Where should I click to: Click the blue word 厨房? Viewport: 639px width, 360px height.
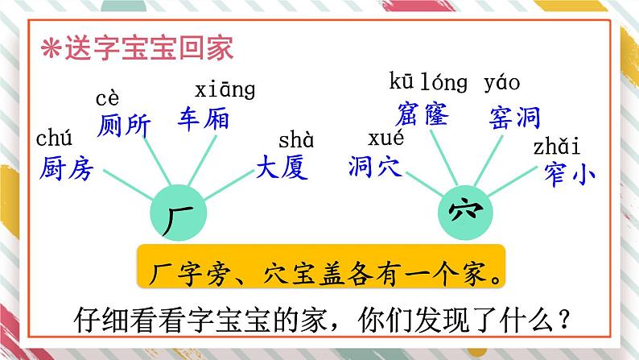pyautogui.click(x=67, y=170)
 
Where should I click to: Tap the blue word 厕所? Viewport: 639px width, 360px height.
pyautogui.click(x=122, y=126)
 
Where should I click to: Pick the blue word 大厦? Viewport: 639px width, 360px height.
pyautogui.click(x=283, y=168)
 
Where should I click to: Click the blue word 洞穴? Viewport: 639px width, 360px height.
pyautogui.click(x=377, y=166)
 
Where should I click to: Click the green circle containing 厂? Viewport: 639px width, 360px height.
pyautogui.click(x=179, y=213)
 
